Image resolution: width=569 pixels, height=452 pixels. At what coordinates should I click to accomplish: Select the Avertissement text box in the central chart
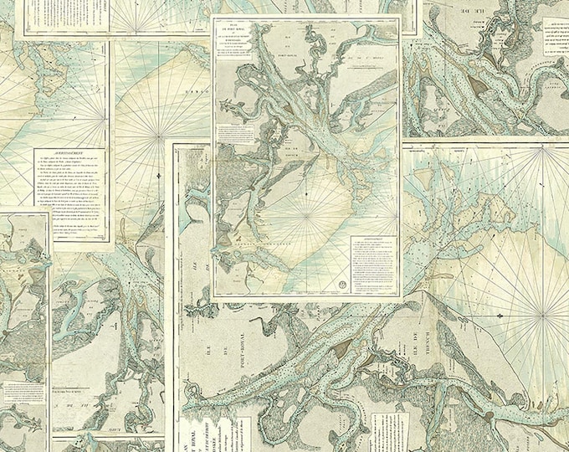pos(374,264)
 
